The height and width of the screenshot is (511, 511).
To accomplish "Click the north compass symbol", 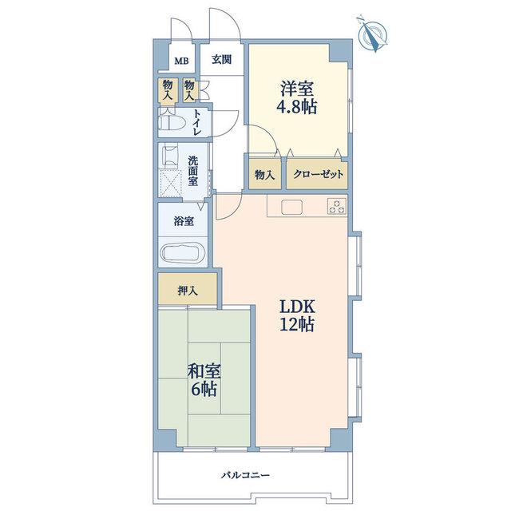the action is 372,34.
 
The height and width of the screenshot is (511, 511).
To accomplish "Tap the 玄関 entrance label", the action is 222,60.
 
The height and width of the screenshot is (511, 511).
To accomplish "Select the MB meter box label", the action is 181,61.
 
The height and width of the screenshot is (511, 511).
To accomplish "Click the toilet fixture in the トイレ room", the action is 172,123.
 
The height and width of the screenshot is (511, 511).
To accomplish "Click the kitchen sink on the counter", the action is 292,207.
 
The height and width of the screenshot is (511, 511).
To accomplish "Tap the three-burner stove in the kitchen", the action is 337,206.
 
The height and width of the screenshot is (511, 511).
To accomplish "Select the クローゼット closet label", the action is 318,174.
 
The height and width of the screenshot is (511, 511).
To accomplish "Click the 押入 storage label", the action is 188,291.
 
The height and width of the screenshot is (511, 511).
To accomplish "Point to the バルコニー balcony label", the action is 245,475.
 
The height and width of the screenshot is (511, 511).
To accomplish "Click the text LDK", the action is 298,307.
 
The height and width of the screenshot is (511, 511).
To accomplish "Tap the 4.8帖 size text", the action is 297,106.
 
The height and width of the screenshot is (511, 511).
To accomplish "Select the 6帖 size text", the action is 204,388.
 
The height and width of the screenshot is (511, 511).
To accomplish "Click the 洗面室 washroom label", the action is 192,172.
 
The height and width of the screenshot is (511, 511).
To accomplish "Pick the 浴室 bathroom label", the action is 184,222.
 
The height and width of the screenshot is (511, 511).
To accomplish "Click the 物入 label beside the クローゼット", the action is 264,176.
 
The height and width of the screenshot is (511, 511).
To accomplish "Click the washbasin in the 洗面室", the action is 170,155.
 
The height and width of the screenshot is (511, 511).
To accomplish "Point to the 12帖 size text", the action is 297,325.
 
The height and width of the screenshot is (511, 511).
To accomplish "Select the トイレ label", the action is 197,122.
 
